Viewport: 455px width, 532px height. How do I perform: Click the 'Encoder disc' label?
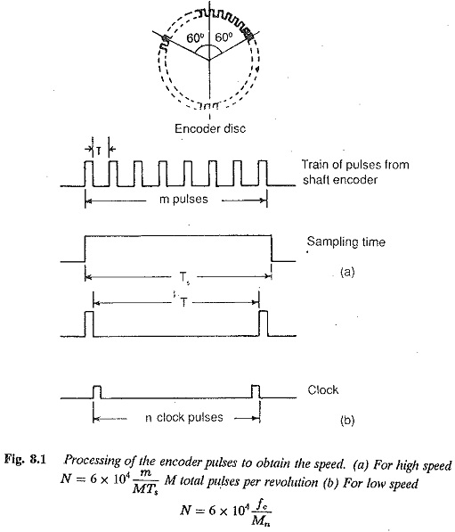tap(210, 128)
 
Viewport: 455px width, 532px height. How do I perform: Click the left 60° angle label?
tap(195, 37)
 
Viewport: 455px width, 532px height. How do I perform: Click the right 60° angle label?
tap(223, 37)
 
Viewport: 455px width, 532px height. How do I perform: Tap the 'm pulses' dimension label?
tap(183, 199)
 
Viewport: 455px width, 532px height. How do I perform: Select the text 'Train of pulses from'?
tap(355, 165)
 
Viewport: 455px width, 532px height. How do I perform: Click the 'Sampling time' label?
tap(346, 241)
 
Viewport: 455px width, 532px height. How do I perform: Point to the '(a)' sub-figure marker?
tap(347, 272)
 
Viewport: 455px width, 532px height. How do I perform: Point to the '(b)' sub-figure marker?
tap(347, 420)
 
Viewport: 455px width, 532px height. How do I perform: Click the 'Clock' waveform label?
tap(322, 389)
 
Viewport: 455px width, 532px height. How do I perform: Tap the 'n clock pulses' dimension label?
tap(184, 417)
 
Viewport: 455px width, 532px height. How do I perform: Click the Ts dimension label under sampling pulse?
tap(183, 278)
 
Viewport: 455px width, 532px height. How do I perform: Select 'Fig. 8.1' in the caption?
tap(25, 460)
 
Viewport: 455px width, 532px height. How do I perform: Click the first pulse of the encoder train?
tap(88, 174)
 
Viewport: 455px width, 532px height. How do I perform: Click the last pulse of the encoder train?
tap(263, 174)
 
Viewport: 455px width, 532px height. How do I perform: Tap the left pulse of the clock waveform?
tap(97, 392)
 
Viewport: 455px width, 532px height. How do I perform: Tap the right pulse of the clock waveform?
tap(256, 391)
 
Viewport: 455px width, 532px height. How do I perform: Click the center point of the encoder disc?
tap(209, 60)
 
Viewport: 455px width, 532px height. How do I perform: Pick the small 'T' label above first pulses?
tap(98, 151)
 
